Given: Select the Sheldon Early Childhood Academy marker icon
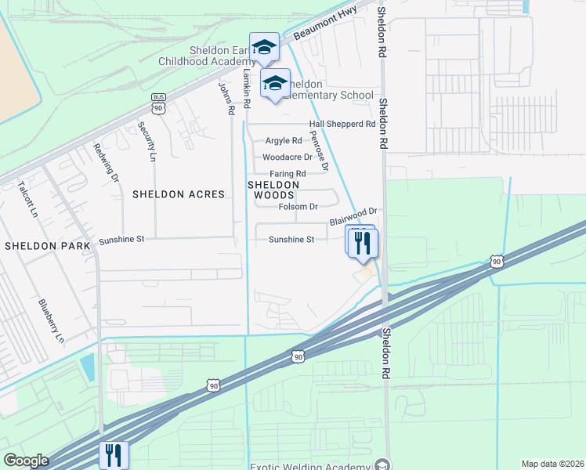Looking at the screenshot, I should (264, 48).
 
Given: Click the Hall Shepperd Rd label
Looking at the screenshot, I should (342, 124).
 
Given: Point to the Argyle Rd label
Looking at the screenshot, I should (284, 141).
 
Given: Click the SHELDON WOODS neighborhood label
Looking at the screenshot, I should (273, 190).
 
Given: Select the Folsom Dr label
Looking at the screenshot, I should (298, 207).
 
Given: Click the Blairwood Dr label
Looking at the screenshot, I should (353, 217).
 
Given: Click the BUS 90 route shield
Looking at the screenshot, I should (158, 103).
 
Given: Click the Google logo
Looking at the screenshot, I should (27, 461).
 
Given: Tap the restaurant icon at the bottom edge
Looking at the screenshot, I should (113, 454).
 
